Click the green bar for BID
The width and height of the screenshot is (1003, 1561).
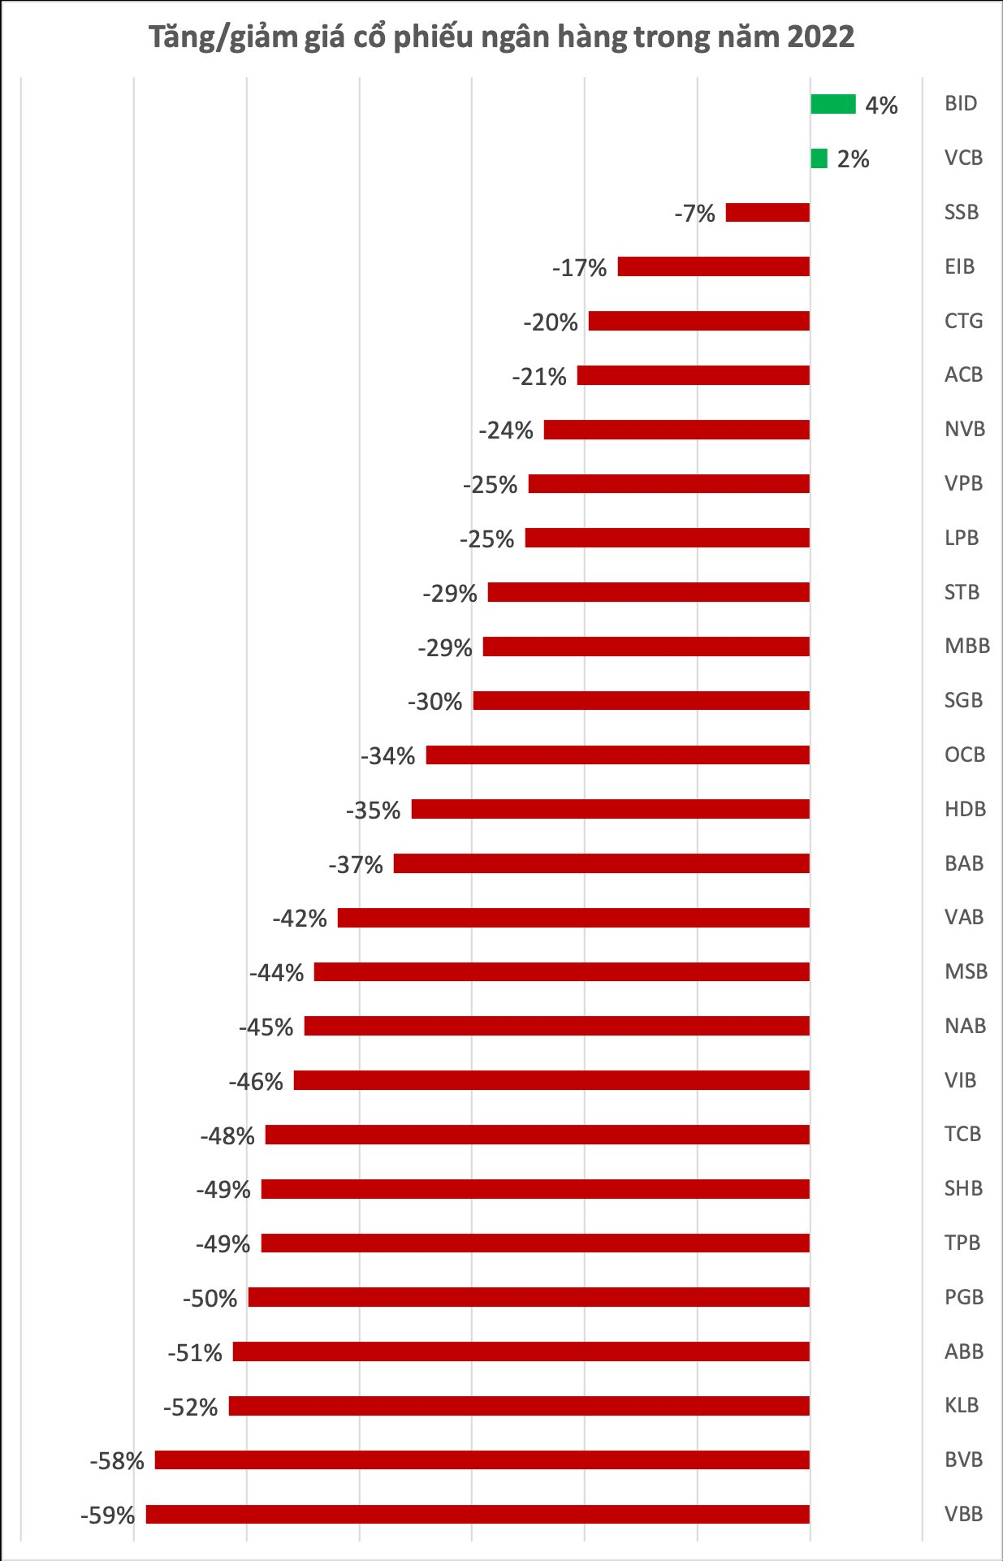(832, 104)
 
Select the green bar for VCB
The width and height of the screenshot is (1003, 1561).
(819, 158)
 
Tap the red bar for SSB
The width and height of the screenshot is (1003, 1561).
(767, 213)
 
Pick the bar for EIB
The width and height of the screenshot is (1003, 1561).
(713, 266)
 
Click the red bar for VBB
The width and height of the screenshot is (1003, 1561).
(478, 1514)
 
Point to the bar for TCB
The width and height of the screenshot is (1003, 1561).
(537, 1135)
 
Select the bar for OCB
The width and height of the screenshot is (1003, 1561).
(617, 755)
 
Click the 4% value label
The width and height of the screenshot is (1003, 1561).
(881, 106)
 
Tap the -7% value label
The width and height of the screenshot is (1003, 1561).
(694, 214)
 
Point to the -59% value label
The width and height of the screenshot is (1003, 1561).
(107, 1516)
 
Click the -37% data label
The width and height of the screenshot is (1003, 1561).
(356, 865)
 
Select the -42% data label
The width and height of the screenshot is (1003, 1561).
(300, 919)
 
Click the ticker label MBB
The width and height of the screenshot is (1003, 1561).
(966, 646)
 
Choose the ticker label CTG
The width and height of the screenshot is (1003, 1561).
(963, 321)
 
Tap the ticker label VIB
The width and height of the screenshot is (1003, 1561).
(960, 1080)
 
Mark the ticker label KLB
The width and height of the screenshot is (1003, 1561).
(962, 1405)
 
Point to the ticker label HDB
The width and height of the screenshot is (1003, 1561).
(965, 809)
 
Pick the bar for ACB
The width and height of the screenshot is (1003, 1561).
(693, 375)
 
